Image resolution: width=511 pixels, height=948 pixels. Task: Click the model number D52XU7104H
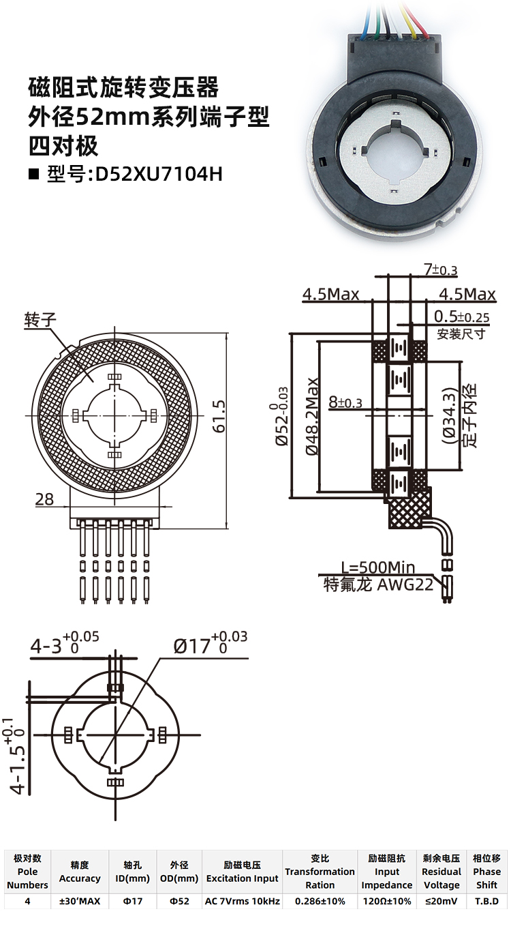pyautogui.click(x=159, y=174)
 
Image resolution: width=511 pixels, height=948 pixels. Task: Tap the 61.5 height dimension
pyautogui.click(x=219, y=416)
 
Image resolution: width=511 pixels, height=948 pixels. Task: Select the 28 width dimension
pyautogui.click(x=45, y=499)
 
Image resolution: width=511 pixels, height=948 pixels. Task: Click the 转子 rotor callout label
pyautogui.click(x=39, y=321)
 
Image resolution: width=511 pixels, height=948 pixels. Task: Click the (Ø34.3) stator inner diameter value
pyautogui.click(x=448, y=416)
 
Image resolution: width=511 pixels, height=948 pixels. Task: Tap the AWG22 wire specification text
pyautogui.click(x=405, y=584)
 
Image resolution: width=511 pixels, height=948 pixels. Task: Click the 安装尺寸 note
pyautogui.click(x=461, y=334)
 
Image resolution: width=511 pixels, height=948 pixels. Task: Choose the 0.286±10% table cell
pyautogui.click(x=320, y=901)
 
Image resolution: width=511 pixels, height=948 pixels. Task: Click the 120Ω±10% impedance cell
pyautogui.click(x=387, y=901)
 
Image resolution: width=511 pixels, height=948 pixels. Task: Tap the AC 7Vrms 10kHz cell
pyautogui.click(x=242, y=901)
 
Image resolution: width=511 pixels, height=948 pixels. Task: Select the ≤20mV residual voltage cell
pyautogui.click(x=442, y=901)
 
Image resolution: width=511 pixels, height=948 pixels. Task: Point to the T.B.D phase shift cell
pyautogui.click(x=486, y=901)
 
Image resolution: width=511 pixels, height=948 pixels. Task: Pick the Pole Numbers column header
pyautogui.click(x=28, y=872)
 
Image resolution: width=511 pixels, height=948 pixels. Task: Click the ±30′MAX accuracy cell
pyautogui.click(x=80, y=901)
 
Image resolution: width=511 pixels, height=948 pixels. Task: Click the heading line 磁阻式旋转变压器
pyautogui.click(x=123, y=87)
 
